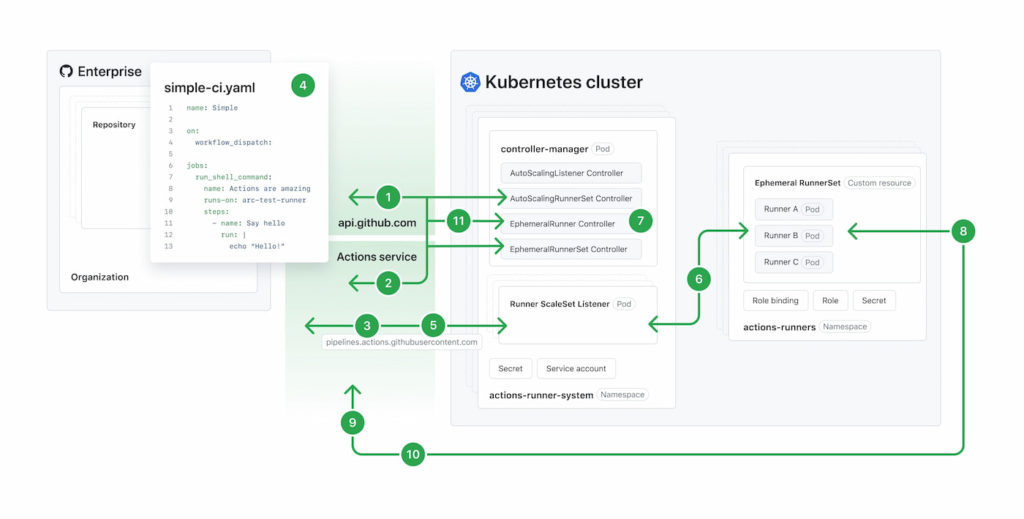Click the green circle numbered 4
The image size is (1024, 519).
(x=302, y=85)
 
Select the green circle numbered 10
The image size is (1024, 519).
(x=412, y=455)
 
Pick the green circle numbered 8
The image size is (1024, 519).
(x=963, y=231)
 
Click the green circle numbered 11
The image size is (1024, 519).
(x=458, y=222)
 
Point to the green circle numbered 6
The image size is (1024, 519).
(x=699, y=279)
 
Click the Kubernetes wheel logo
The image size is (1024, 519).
(x=470, y=82)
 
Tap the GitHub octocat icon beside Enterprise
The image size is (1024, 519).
(x=66, y=71)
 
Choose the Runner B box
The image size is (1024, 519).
(x=793, y=236)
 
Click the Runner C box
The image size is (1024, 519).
(x=793, y=262)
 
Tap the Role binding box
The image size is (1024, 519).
(x=775, y=300)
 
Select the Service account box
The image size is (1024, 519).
(x=576, y=368)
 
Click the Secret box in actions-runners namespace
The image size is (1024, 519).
(x=873, y=300)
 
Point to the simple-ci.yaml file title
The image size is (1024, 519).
(x=209, y=88)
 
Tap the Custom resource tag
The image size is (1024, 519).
(x=880, y=183)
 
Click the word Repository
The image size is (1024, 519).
(x=114, y=125)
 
